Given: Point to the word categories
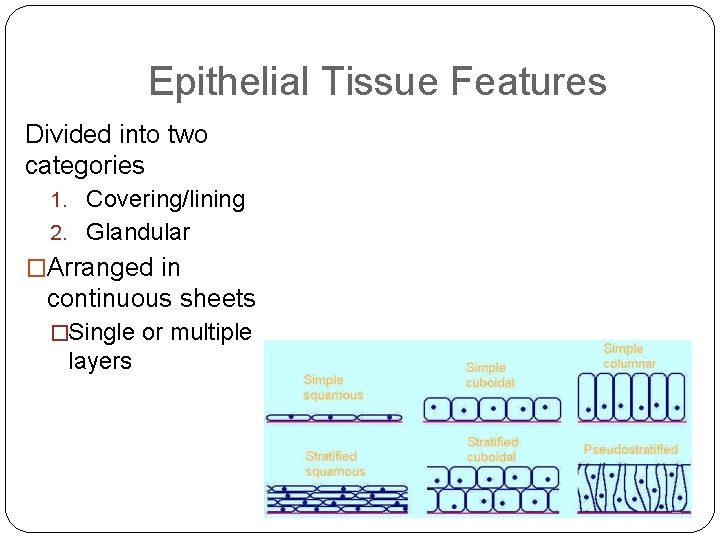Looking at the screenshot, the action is [x=85, y=165].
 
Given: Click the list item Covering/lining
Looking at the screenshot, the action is [x=165, y=199].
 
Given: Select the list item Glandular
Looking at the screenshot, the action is [x=138, y=232].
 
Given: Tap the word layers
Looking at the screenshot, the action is [x=100, y=361].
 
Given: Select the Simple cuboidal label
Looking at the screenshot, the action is [x=489, y=375].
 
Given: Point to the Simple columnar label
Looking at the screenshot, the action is [x=629, y=356].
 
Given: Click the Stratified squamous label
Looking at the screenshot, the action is [x=335, y=464].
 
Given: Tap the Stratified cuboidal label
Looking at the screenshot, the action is [x=492, y=448].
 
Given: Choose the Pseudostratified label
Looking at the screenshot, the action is [x=630, y=450].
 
